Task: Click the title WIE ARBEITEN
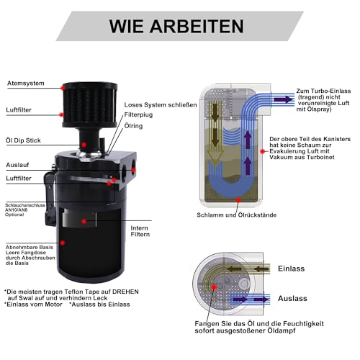[x=176, y=26]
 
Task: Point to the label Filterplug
[x=139, y=113]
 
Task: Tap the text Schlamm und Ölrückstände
[x=233, y=215]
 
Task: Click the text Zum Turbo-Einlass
[x=323, y=91]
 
